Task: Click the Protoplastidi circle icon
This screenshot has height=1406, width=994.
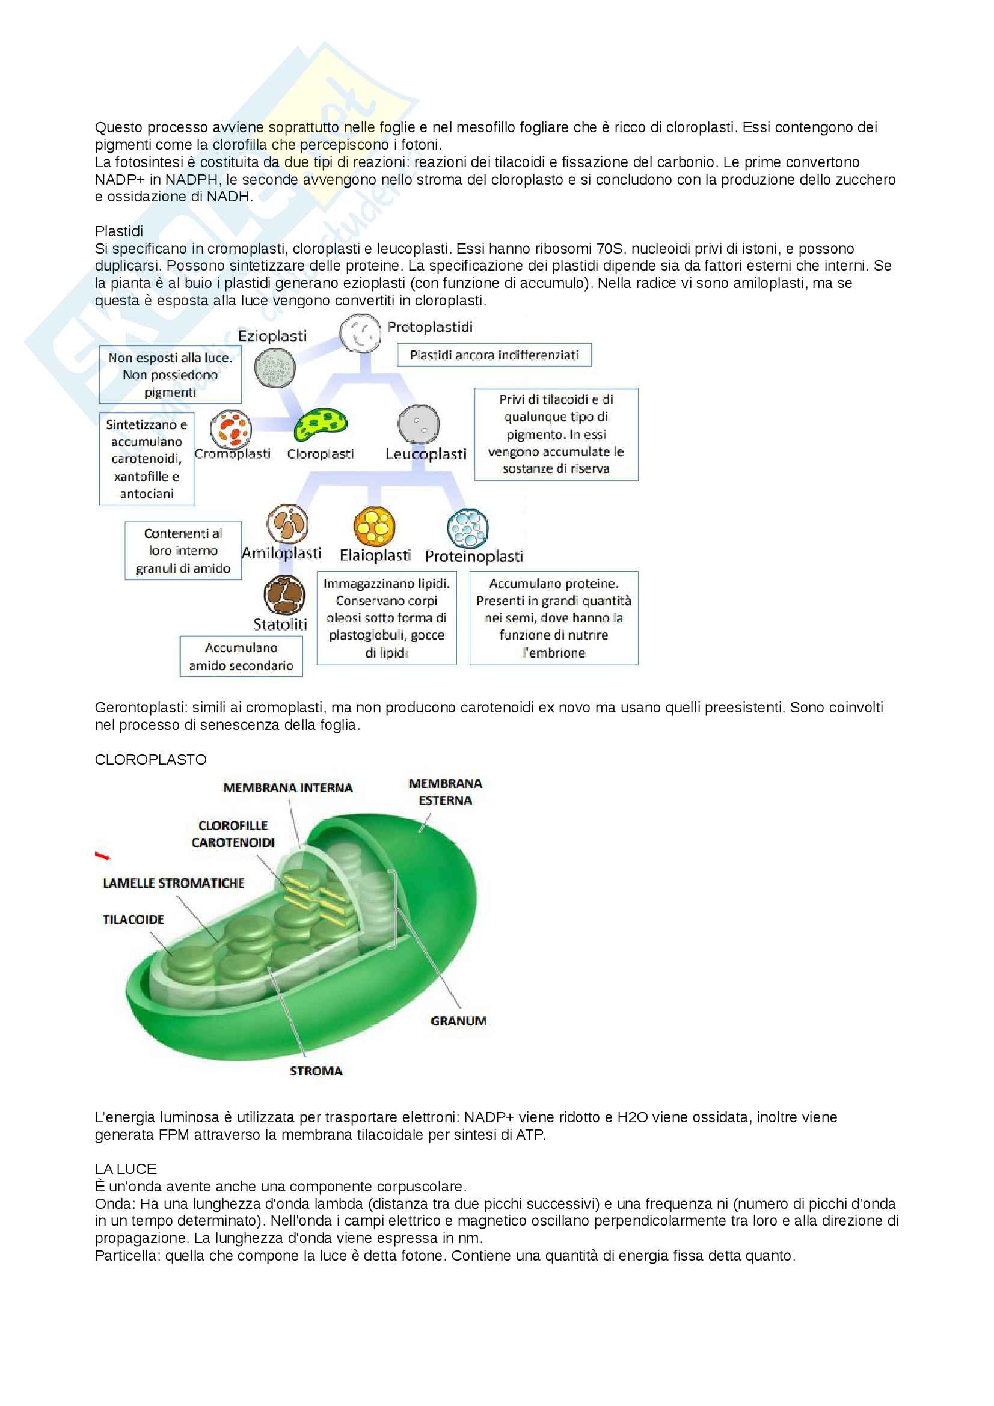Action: pos(361,333)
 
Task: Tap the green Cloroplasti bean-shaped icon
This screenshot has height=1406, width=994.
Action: pos(321,424)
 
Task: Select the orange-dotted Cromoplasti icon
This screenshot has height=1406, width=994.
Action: pos(231,429)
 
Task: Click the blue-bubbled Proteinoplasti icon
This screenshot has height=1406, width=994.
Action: pos(468,528)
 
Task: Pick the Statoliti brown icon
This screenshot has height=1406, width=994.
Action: pos(284,594)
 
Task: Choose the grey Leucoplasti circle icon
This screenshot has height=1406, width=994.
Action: pos(419,424)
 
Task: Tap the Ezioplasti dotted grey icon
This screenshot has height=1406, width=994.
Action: pos(275,368)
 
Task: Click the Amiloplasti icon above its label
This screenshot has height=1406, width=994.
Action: pos(287,524)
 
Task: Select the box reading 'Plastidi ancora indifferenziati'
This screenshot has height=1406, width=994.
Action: pos(494,355)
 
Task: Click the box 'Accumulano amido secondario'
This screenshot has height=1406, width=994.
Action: pos(241,656)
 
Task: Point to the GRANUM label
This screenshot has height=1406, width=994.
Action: pos(459,1021)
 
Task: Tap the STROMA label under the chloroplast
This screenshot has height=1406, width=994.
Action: pos(316,1071)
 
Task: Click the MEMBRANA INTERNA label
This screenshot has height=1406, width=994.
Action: pos(288,788)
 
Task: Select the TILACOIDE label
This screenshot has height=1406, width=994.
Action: pos(133,920)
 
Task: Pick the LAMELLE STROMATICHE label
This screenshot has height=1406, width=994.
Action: pos(173,883)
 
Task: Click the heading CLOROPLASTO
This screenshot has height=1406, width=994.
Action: pos(151,760)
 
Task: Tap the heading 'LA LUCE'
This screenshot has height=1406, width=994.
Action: pos(126,1169)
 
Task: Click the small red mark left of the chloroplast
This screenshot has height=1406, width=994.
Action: pos(102,855)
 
